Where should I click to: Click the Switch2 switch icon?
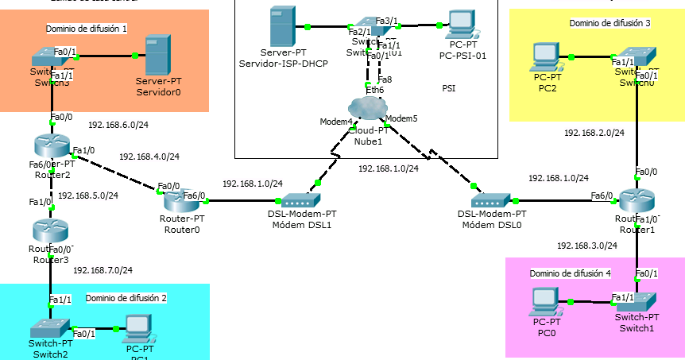point(50,327)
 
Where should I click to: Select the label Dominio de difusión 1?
point(87,29)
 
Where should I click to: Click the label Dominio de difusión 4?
point(571,273)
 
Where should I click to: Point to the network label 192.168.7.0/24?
point(103,270)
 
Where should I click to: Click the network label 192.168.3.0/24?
point(586,246)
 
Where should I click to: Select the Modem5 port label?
point(402,118)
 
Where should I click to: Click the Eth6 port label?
point(374,90)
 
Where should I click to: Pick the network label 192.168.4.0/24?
point(149,157)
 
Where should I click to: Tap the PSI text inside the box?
point(449,88)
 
